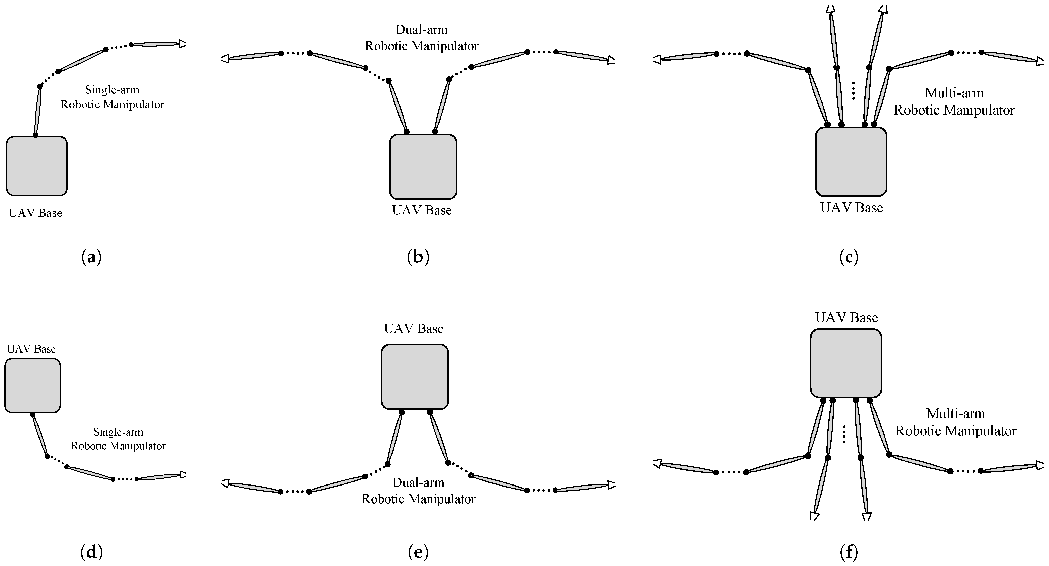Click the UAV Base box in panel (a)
(x=37, y=166)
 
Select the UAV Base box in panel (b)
(x=423, y=167)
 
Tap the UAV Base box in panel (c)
(x=851, y=162)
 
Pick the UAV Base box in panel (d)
(x=33, y=385)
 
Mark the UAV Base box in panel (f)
(x=846, y=363)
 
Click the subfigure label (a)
(x=91, y=257)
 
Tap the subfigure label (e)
(x=418, y=552)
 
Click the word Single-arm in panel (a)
(x=112, y=90)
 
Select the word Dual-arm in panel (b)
(x=422, y=30)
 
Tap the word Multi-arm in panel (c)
(x=954, y=93)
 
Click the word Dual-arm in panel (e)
(x=418, y=482)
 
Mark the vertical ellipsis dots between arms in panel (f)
(x=844, y=434)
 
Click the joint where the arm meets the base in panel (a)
(x=35, y=135)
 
